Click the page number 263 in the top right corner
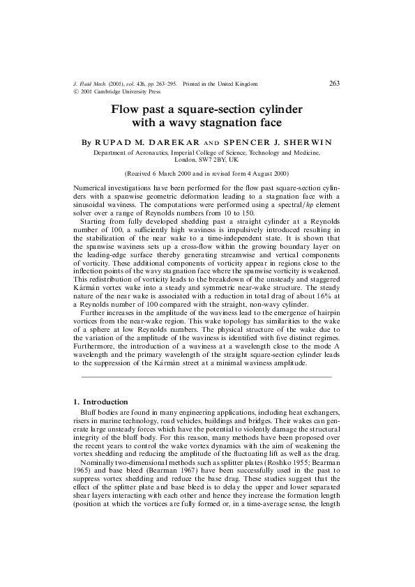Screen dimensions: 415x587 [334, 84]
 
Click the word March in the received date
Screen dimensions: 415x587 [165, 173]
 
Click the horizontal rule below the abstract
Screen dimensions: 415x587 [206, 377]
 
